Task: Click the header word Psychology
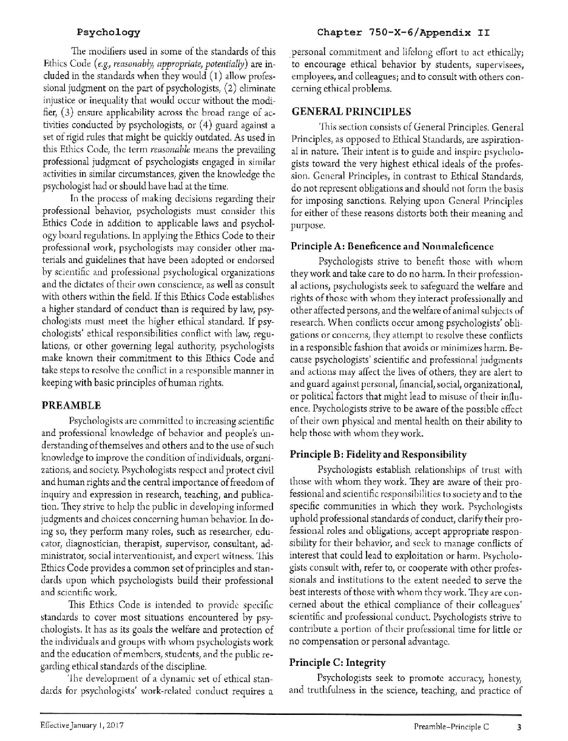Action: pyautogui.click(x=109, y=32)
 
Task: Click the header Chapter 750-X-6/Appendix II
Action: pyautogui.click(x=404, y=32)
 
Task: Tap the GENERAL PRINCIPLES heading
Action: pyautogui.click(x=351, y=112)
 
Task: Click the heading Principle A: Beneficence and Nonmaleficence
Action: pyautogui.click(x=392, y=246)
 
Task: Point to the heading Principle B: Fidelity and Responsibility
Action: pyautogui.click(x=379, y=454)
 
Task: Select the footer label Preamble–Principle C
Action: pyautogui.click(x=451, y=725)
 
